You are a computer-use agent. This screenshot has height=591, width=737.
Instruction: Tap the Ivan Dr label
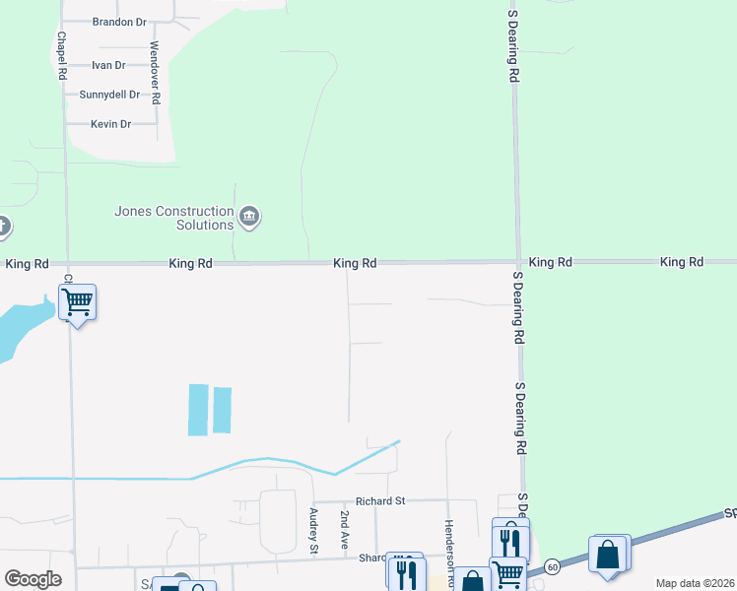107,65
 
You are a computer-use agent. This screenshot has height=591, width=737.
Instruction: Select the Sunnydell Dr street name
110,95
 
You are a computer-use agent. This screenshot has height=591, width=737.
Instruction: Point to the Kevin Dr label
110,124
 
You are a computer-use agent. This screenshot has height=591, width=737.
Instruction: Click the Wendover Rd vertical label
155,73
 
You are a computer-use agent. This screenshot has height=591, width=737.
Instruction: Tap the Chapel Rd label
61,55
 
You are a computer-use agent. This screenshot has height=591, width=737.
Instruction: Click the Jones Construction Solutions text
173,217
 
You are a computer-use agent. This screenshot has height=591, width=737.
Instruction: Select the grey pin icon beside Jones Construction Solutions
249,217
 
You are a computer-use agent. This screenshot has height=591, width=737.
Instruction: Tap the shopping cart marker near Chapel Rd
78,302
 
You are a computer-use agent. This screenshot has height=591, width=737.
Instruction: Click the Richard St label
380,500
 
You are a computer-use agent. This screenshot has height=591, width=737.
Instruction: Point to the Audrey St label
313,532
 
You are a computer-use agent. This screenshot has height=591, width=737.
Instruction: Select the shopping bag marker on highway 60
609,555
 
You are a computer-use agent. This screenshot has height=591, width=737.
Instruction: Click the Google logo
33,579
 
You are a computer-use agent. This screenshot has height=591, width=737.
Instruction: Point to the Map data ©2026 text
695,583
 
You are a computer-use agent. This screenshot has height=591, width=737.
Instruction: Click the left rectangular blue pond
198,409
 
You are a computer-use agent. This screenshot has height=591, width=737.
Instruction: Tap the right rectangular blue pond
223,411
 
